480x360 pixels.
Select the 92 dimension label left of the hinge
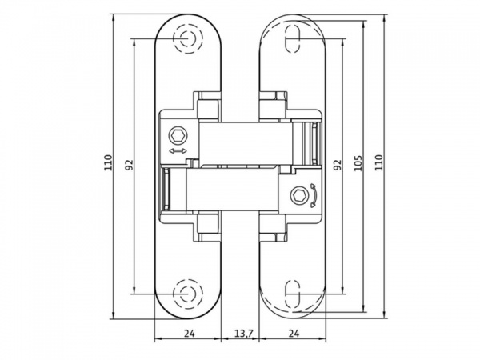tap(129, 165)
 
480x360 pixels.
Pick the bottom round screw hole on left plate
tap(188, 292)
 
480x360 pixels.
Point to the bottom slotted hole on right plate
tap(293, 294)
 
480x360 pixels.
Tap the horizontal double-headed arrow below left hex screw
tap(178, 150)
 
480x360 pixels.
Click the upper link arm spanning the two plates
tap(240, 141)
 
